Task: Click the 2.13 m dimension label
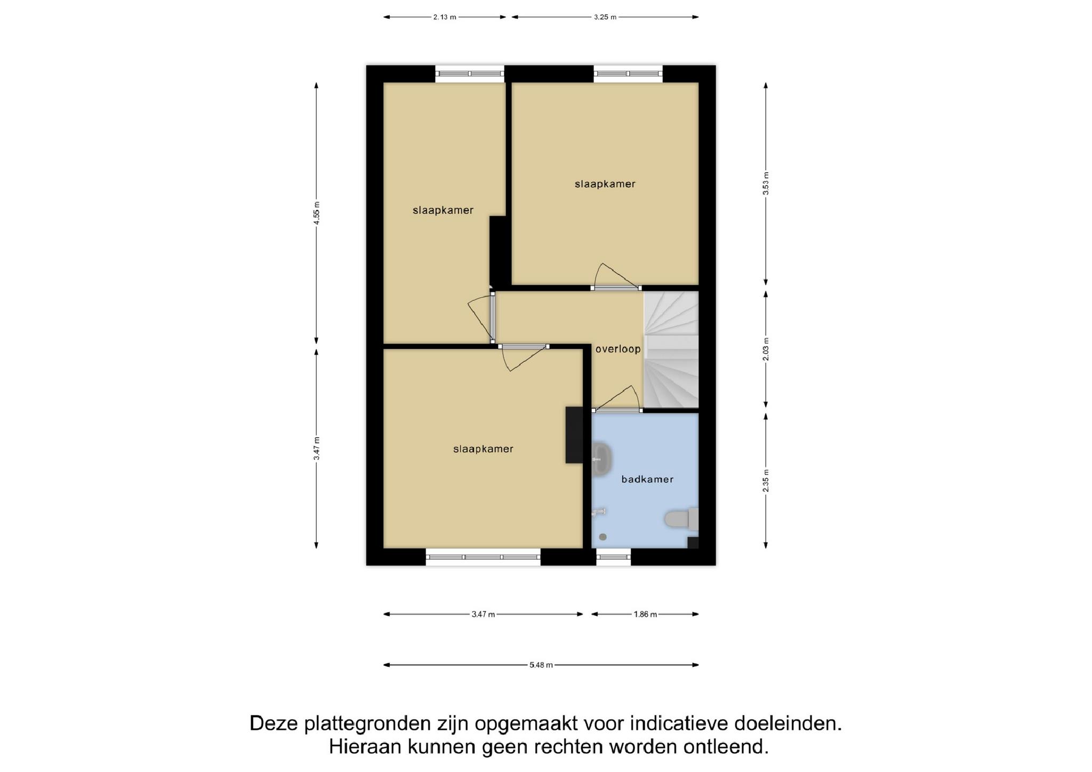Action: pos(445,17)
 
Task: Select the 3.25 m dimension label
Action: pos(605,17)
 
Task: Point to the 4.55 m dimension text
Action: pos(317,213)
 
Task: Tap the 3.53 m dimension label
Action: pos(766,183)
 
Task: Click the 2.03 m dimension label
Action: pos(766,349)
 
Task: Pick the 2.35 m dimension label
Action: pos(766,480)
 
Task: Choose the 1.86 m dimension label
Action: pos(645,614)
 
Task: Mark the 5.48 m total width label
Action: pos(541,665)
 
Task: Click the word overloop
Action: pos(618,349)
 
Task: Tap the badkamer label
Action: pos(647,479)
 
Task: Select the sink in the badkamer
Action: pos(601,459)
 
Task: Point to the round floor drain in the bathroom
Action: pos(603,537)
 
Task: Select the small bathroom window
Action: pos(613,557)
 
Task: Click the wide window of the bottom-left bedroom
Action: pos(483,557)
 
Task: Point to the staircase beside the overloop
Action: pos(671,350)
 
